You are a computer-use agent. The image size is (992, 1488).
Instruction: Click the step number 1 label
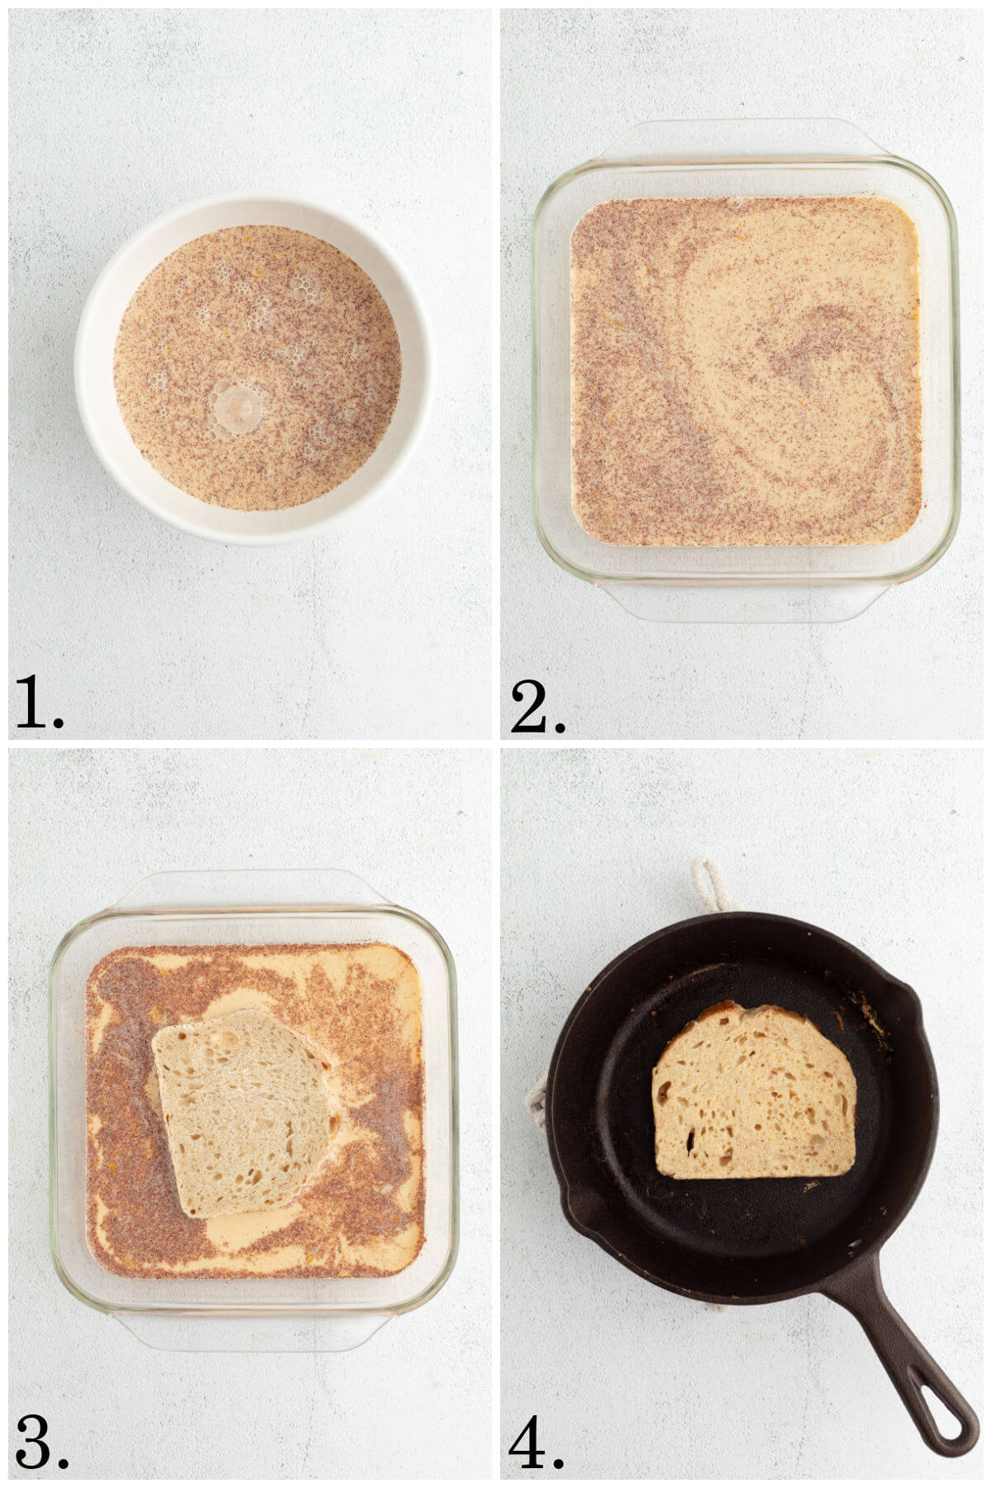tap(39, 703)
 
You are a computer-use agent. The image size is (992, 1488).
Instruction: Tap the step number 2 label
tap(537, 707)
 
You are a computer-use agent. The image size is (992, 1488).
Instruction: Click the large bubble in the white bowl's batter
tap(237, 408)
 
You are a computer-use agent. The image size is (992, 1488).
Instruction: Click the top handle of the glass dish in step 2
tap(744, 139)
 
